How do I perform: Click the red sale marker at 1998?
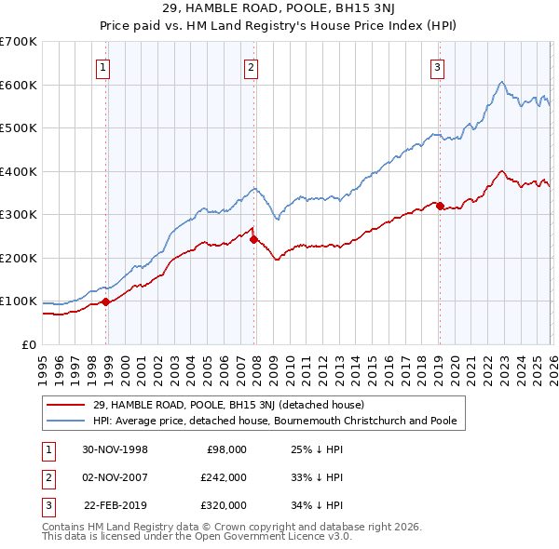105,301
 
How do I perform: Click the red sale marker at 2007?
252,239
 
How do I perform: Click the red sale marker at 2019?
439,206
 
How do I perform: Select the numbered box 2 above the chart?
252,66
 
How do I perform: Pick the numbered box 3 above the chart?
437,66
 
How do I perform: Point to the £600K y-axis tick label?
19,85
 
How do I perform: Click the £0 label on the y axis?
29,344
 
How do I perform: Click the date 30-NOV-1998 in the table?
116,449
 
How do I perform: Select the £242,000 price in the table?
224,477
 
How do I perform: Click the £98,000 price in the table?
226,449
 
